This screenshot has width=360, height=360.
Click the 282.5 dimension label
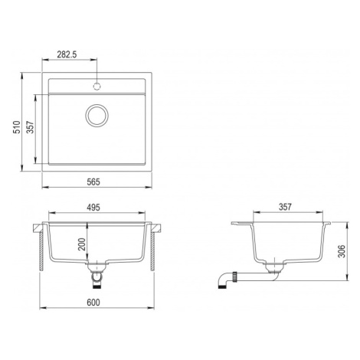coord(67,54)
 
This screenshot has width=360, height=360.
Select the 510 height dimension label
coord(17,127)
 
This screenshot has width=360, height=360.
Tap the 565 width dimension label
coord(93,182)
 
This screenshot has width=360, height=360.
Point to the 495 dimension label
coord(93,208)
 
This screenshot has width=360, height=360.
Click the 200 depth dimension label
coord(82,244)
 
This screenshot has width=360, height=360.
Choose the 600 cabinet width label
coord(93,303)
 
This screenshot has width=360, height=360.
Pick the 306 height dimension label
coord(342,251)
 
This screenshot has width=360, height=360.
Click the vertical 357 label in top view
coord(31,127)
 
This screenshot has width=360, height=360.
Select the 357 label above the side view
coord(285,207)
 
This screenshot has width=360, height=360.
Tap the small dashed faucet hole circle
coord(97,87)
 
